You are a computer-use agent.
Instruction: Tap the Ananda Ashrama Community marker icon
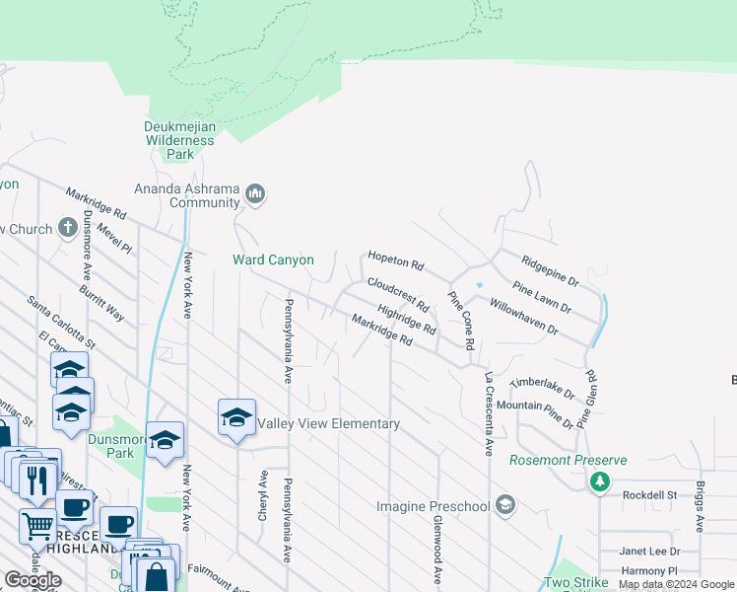pyautogui.click(x=256, y=193)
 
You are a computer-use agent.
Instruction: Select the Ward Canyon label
pyautogui.click(x=273, y=260)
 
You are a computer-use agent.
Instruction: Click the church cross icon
pyautogui.click(x=68, y=229)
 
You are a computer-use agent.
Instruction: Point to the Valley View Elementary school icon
pyautogui.click(x=236, y=417)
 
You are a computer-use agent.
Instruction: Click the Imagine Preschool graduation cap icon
pyautogui.click(x=505, y=506)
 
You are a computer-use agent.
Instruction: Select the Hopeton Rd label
pyautogui.click(x=395, y=261)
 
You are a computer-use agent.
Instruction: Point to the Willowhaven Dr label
pyautogui.click(x=523, y=319)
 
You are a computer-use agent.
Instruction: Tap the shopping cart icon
pyautogui.click(x=36, y=525)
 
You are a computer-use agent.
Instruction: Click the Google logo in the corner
pyautogui.click(x=33, y=580)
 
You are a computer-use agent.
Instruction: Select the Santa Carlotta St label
pyautogui.click(x=61, y=323)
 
